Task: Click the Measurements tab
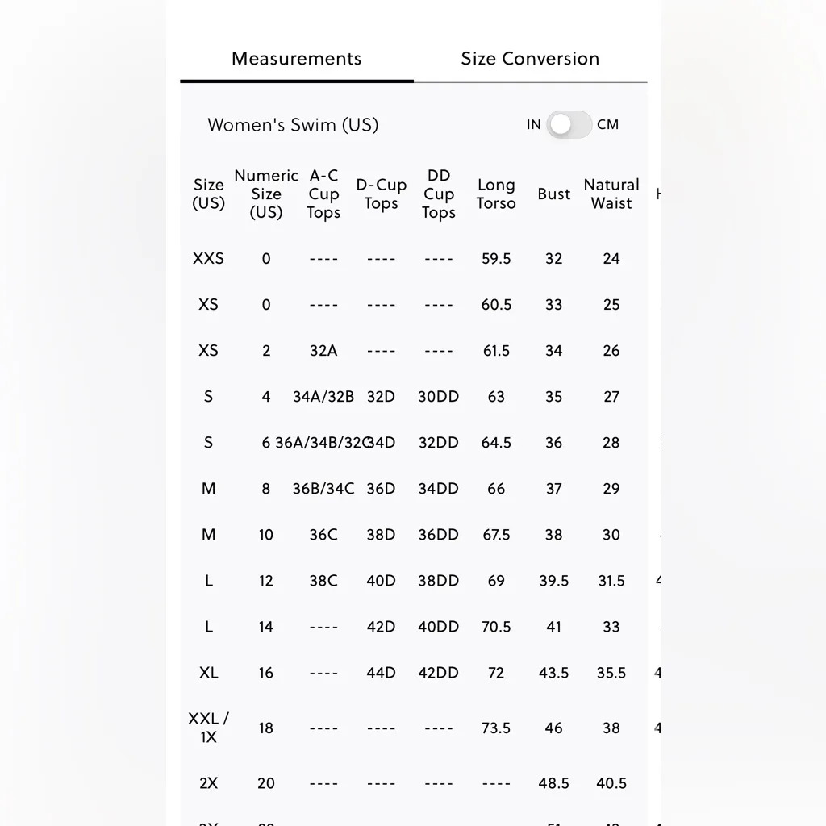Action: click(296, 59)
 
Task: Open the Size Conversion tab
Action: click(530, 59)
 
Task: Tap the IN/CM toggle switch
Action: click(569, 124)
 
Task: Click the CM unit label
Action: click(608, 124)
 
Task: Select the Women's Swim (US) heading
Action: click(293, 125)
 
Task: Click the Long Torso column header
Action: click(495, 194)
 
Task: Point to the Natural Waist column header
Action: click(611, 194)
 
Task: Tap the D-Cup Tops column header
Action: click(381, 194)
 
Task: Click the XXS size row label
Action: click(208, 259)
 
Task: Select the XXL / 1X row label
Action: click(208, 728)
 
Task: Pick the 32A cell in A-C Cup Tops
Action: click(323, 351)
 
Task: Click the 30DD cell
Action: click(438, 397)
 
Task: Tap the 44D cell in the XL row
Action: click(381, 673)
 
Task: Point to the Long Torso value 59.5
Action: click(496, 259)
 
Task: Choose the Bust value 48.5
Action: click(553, 783)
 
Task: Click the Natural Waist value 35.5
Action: click(611, 673)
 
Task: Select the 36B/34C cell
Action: click(323, 489)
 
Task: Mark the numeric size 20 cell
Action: click(266, 783)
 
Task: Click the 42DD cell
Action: click(438, 673)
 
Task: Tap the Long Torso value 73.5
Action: click(496, 728)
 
